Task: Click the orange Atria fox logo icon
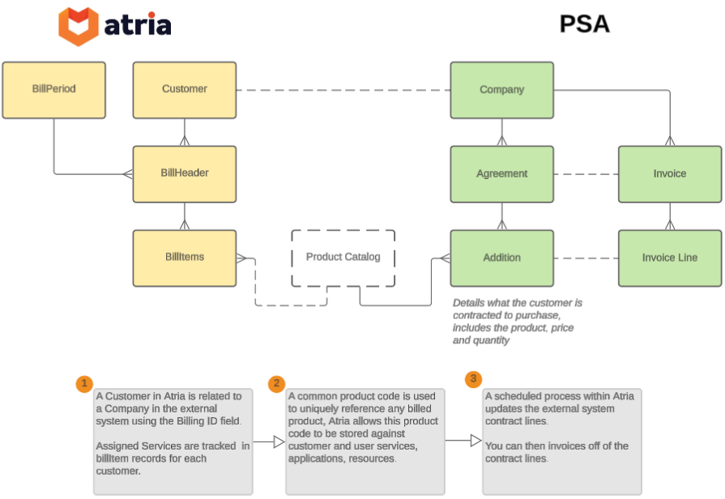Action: tap(79, 27)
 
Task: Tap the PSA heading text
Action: tap(584, 24)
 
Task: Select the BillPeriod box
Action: tap(53, 90)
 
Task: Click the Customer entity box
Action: tap(185, 90)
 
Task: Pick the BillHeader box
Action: tap(185, 173)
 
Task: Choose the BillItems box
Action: tap(185, 258)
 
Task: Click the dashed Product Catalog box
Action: tap(343, 258)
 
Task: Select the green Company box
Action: tap(501, 90)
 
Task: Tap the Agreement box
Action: tap(501, 174)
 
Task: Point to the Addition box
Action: tap(501, 258)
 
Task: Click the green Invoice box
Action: tap(669, 174)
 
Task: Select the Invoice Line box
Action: tap(669, 258)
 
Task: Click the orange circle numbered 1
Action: tap(83, 383)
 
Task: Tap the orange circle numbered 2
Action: tap(277, 383)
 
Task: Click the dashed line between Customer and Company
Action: tap(343, 90)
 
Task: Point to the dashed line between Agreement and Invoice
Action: tap(586, 174)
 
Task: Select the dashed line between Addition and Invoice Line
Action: tap(586, 258)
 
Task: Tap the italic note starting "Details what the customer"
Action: tap(517, 322)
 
